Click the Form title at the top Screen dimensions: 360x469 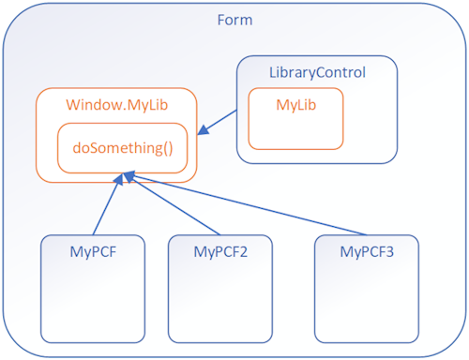click(234, 21)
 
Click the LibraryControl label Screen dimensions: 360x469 click(317, 72)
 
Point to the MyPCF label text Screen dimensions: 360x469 click(94, 251)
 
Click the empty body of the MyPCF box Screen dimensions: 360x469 click(94, 300)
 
